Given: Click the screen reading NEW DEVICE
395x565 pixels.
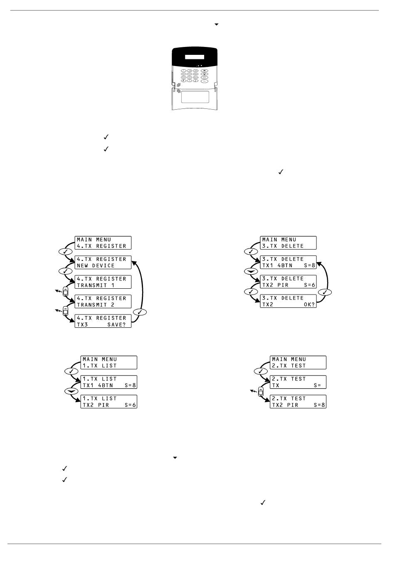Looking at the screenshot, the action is (103, 262).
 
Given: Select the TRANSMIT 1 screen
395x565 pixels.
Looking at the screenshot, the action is (103, 282).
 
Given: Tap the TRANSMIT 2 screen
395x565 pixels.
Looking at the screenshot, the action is (103, 301).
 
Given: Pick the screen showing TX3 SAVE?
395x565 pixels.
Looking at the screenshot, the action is (103, 321).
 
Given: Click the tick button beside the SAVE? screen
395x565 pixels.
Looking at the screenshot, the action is (140, 312).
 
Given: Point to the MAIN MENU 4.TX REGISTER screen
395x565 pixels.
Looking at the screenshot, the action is (103, 243).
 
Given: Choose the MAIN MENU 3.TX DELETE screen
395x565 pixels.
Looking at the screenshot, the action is (289, 243).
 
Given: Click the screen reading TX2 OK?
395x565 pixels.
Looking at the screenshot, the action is (289, 301).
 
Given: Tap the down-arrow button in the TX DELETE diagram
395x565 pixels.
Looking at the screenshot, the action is (250, 271).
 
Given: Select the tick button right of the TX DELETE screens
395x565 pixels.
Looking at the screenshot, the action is (325, 292).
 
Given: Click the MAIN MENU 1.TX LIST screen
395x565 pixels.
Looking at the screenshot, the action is (109, 362).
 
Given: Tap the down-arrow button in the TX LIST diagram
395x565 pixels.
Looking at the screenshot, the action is (71, 391).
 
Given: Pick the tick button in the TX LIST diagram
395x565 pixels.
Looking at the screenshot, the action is (71, 371).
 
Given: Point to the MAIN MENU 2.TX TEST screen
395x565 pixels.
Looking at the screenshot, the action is (298, 362).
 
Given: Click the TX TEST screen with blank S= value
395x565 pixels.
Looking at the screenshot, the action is (298, 382).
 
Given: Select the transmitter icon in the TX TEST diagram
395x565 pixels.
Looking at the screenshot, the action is (261, 391).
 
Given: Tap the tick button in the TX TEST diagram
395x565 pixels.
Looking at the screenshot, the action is (261, 371).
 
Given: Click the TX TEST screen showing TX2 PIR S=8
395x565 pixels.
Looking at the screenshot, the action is (298, 401).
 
